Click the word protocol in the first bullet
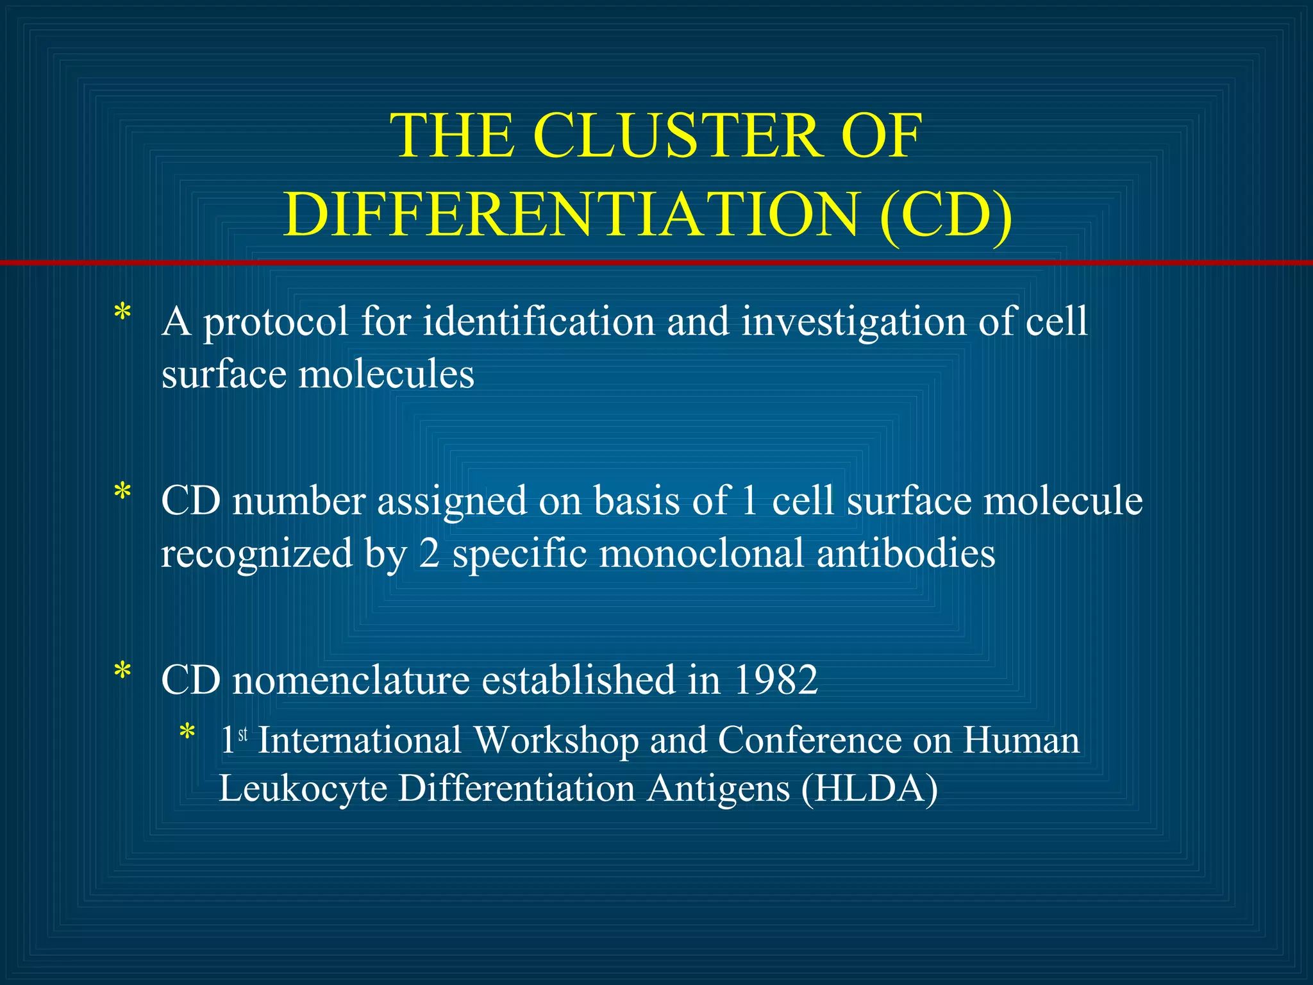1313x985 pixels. point(276,323)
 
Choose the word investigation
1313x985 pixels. point(853,323)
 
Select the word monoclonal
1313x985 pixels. point(701,553)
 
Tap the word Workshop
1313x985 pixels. point(556,741)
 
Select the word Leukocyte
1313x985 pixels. point(303,789)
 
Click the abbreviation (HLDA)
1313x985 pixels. point(869,789)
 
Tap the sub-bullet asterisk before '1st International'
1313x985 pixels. point(187,732)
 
